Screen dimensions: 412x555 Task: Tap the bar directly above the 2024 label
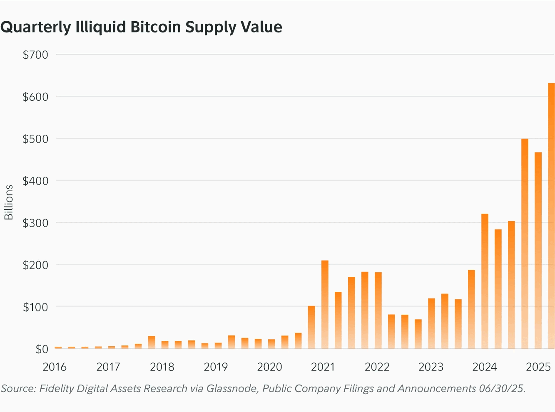[485, 281]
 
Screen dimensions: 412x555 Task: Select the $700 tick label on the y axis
[35, 54]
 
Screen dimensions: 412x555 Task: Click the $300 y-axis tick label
[35, 222]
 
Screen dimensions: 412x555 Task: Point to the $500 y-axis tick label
[35, 138]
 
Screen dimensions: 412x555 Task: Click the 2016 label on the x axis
[55, 367]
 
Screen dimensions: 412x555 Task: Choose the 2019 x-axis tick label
[216, 367]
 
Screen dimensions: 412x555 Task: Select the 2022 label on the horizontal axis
[377, 367]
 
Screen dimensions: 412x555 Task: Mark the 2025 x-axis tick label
[538, 367]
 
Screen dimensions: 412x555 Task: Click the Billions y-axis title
[9, 202]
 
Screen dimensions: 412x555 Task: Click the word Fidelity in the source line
[56, 389]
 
